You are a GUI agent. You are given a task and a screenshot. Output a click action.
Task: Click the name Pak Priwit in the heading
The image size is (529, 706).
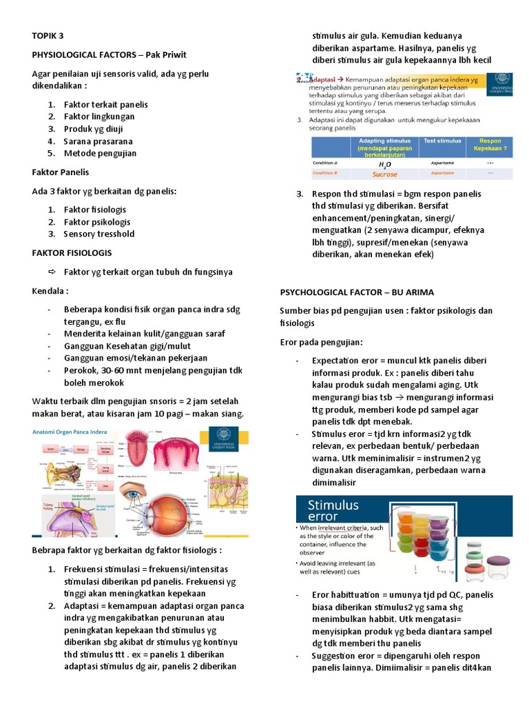(163, 54)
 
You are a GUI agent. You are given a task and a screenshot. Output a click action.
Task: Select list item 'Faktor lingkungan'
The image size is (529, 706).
(98, 117)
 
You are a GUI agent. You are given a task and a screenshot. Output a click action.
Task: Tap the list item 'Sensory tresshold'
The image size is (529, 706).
(98, 234)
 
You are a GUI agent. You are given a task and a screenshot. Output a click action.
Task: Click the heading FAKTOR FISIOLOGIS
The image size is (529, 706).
(72, 253)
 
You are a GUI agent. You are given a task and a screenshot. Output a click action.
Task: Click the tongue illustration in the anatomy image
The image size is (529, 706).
(135, 458)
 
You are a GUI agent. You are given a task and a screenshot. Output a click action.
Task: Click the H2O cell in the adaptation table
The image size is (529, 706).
(385, 165)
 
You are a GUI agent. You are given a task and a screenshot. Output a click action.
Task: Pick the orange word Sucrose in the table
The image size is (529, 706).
(385, 174)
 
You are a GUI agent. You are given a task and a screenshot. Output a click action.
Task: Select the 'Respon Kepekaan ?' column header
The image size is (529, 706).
(489, 145)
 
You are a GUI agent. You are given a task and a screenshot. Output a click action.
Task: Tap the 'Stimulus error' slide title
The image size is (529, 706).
(333, 511)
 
